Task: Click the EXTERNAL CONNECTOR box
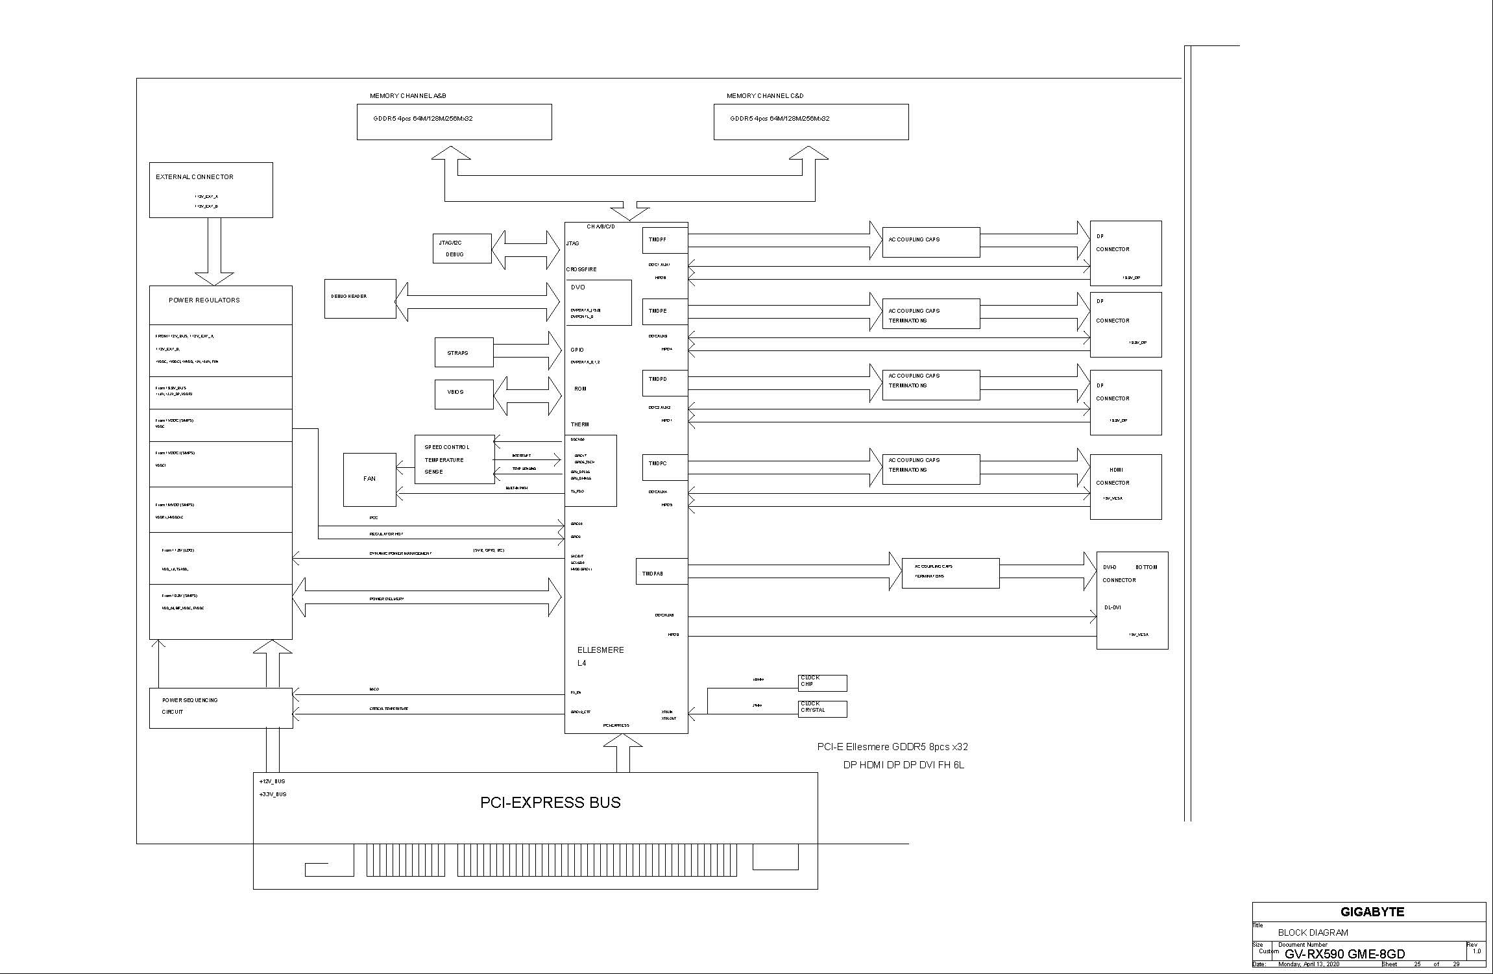click(211, 189)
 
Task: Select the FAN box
click(369, 480)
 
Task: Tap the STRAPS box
click(463, 352)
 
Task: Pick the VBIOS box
click(463, 394)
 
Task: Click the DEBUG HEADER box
click(359, 298)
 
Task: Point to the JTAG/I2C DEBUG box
click(461, 249)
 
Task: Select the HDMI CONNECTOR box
click(1125, 487)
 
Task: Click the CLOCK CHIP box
click(821, 683)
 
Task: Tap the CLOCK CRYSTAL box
click(821, 709)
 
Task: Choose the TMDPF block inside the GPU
click(664, 240)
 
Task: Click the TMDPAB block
click(661, 572)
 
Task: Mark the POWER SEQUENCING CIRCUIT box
click(221, 708)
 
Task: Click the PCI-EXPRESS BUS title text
click(550, 803)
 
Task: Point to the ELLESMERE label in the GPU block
click(600, 650)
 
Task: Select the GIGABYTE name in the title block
click(1372, 912)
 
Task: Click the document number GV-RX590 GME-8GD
click(1344, 954)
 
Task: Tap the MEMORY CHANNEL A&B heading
click(407, 96)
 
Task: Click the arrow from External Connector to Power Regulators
click(214, 250)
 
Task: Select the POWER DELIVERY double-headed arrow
click(426, 597)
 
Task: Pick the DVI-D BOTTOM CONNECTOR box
click(1132, 600)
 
